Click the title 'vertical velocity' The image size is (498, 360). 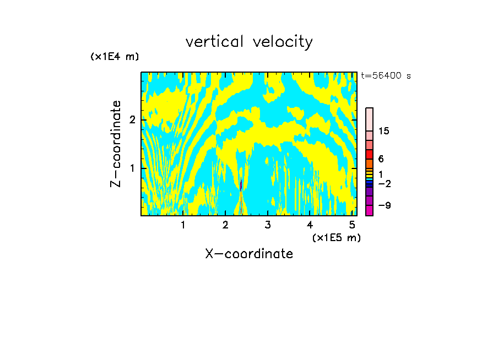[249, 42]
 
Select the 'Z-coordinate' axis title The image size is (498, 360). [116, 144]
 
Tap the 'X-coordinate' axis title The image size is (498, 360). [249, 254]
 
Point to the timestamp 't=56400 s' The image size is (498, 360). [386, 76]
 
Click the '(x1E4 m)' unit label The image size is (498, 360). [115, 57]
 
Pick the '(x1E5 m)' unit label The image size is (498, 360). [336, 237]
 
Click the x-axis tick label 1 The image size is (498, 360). [183, 225]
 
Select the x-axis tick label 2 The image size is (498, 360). [225, 225]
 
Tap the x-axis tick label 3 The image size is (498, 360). [268, 225]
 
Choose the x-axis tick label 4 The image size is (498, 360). [310, 225]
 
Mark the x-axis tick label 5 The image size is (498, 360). [352, 225]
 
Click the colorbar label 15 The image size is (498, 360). [384, 131]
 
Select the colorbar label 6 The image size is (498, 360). [381, 159]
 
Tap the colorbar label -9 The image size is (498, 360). [384, 205]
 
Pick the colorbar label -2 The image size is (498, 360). [384, 183]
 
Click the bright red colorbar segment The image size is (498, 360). [370, 154]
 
